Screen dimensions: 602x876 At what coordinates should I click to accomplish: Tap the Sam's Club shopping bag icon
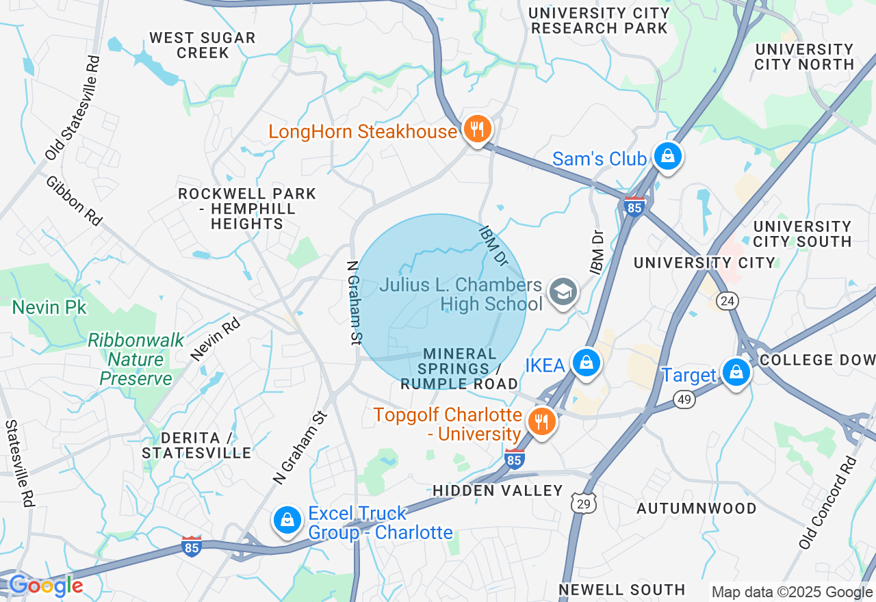(x=667, y=157)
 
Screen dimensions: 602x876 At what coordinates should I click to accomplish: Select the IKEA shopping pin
(x=587, y=363)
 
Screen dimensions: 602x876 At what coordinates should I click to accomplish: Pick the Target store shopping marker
(x=736, y=373)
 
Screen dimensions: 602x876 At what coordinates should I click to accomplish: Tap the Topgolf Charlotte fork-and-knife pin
(x=541, y=421)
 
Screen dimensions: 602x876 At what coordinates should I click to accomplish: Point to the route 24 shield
(x=727, y=300)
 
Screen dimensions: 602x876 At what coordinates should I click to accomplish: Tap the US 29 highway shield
(x=586, y=503)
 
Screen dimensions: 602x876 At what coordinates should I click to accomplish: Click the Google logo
(x=46, y=586)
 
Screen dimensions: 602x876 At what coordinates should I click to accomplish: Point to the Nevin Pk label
(x=49, y=307)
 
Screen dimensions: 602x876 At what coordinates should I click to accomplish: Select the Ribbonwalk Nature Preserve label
(x=136, y=359)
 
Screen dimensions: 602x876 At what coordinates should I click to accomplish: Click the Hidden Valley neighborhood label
(x=498, y=490)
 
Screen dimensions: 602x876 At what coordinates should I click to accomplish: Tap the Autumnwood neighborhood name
(x=697, y=508)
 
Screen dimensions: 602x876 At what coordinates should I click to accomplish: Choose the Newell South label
(x=621, y=590)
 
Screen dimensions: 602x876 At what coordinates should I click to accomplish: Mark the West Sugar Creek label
(x=203, y=45)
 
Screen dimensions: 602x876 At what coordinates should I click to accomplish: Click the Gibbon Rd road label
(x=74, y=200)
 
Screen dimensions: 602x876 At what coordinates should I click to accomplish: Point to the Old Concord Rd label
(x=828, y=502)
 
